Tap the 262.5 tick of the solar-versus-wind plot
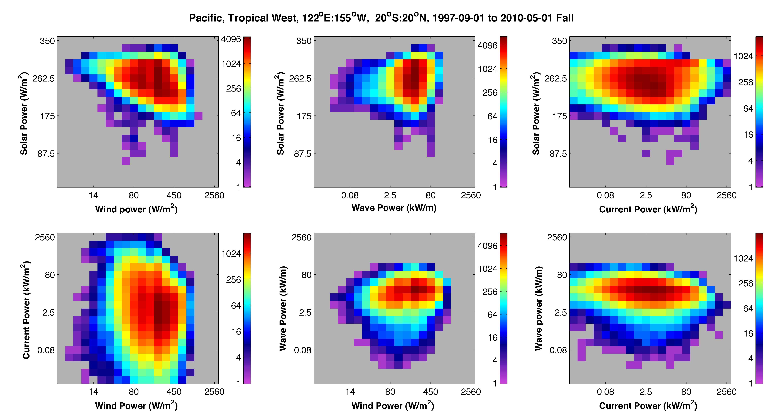click(44, 78)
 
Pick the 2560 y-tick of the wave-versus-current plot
click(557, 237)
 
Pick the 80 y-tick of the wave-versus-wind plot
click(307, 275)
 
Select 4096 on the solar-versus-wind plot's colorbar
click(231, 39)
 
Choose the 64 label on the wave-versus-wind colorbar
click(493, 315)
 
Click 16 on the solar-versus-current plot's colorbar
click(749, 135)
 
